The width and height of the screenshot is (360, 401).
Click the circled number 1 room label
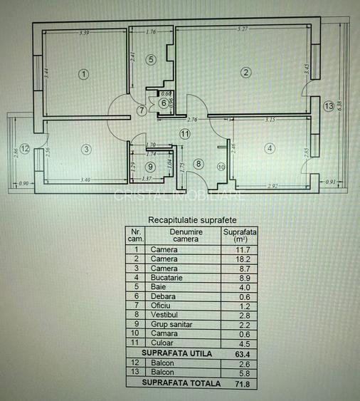point(83,73)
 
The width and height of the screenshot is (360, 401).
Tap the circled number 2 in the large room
point(245,72)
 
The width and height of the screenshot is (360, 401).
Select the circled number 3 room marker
point(86,149)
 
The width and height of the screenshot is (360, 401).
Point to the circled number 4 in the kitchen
point(269,148)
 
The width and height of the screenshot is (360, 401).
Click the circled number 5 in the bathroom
point(150,60)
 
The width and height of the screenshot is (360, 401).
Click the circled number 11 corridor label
point(185,133)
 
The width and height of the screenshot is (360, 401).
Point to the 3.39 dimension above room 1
point(84,33)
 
